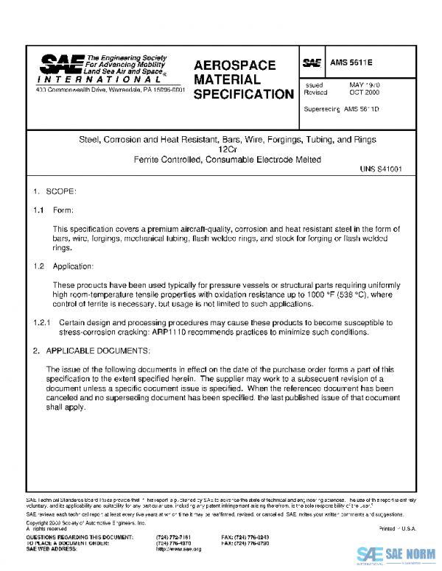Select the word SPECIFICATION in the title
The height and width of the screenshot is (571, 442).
point(243,94)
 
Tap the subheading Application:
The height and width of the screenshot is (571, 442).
point(74,266)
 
